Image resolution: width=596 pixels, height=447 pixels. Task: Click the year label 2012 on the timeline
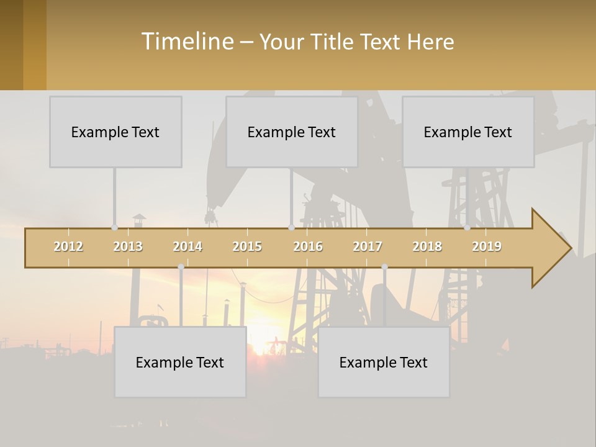tap(68, 246)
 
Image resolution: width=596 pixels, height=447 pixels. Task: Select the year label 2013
tap(128, 246)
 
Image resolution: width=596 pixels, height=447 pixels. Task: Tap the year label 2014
tap(187, 246)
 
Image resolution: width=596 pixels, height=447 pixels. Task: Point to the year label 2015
tap(247, 246)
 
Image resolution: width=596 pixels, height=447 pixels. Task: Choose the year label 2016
tap(308, 246)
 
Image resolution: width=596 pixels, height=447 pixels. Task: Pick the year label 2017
tap(368, 246)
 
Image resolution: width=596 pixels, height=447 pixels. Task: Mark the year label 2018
tap(427, 246)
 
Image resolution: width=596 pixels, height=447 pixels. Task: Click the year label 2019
tap(487, 246)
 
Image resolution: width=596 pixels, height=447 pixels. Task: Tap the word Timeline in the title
tap(187, 42)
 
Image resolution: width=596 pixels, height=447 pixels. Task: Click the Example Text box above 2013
tap(115, 132)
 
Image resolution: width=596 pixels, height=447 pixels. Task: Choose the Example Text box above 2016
tap(292, 132)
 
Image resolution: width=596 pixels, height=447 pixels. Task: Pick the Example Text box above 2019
tap(468, 132)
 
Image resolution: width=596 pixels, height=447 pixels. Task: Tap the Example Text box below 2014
tap(180, 362)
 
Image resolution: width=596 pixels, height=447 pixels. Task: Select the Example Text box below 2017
tap(384, 362)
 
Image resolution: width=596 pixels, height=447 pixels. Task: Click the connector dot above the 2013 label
tap(114, 227)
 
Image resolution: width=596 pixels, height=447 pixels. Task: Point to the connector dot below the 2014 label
tap(181, 267)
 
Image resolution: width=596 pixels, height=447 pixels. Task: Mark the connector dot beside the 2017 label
tap(384, 267)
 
